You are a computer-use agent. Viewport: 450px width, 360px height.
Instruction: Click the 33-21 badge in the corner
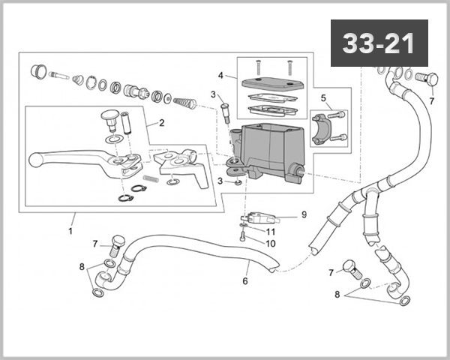click(378, 43)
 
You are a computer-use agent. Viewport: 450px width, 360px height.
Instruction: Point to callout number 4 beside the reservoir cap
click(220, 76)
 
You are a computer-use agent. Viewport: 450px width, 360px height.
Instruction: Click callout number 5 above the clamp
click(323, 97)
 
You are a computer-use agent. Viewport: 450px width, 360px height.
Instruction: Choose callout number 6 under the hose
click(244, 281)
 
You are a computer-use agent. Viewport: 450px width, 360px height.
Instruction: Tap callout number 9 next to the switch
click(304, 214)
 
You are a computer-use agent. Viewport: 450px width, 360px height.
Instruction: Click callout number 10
click(271, 243)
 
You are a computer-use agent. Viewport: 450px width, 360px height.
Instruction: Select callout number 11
click(271, 232)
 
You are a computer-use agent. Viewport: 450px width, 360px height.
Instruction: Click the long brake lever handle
click(67, 158)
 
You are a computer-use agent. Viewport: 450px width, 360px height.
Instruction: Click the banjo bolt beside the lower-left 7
click(115, 243)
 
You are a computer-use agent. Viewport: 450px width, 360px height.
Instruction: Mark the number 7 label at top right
click(431, 100)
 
